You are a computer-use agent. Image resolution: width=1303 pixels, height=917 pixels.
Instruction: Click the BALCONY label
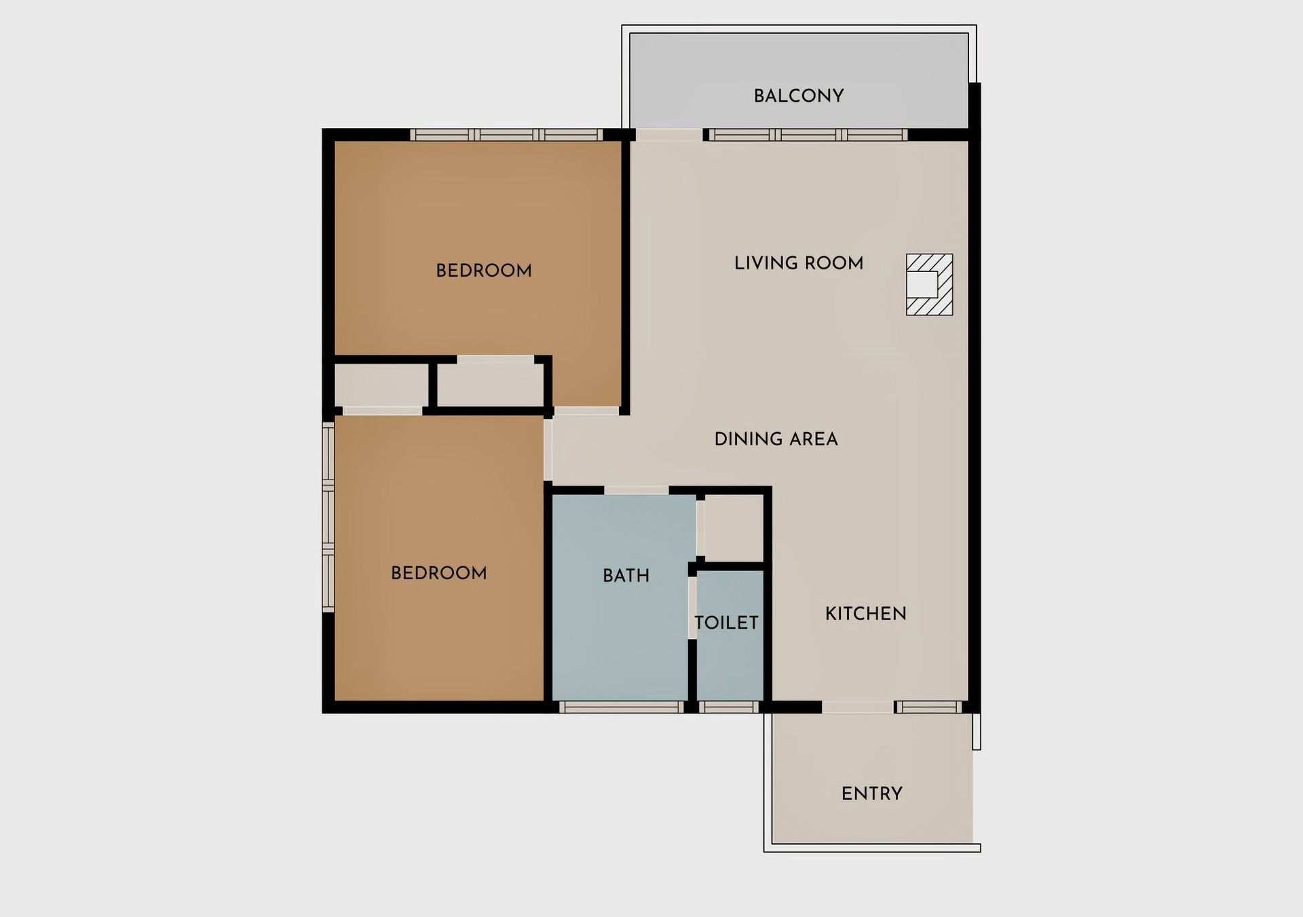(x=799, y=96)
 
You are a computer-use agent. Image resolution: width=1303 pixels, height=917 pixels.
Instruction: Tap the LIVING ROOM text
(x=799, y=263)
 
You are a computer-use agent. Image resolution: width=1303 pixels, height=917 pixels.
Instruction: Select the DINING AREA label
(x=776, y=439)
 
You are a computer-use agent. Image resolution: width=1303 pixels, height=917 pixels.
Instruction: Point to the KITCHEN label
(x=866, y=614)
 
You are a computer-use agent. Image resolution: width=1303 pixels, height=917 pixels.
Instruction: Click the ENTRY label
(x=872, y=794)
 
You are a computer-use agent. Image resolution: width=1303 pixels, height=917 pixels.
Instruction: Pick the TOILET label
(x=726, y=623)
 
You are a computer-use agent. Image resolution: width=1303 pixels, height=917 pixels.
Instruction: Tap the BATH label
(x=626, y=576)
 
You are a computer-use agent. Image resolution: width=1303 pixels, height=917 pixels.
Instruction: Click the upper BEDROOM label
(x=484, y=271)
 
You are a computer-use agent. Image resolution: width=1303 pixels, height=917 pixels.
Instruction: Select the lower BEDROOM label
(x=439, y=573)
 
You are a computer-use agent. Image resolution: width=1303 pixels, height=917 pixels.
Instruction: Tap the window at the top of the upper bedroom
(x=506, y=135)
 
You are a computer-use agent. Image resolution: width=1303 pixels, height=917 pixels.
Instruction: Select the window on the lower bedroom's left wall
(x=328, y=517)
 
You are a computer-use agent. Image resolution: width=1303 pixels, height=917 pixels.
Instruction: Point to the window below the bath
(x=621, y=707)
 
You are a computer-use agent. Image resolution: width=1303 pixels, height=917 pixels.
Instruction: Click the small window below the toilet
(x=728, y=707)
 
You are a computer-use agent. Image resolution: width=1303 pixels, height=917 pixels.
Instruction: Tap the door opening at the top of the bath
(x=637, y=490)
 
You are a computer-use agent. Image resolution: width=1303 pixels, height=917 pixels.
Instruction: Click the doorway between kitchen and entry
(x=858, y=707)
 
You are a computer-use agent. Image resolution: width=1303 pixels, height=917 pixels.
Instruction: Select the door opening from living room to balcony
(x=668, y=135)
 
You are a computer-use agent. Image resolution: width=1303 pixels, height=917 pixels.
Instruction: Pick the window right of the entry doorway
(x=928, y=707)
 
